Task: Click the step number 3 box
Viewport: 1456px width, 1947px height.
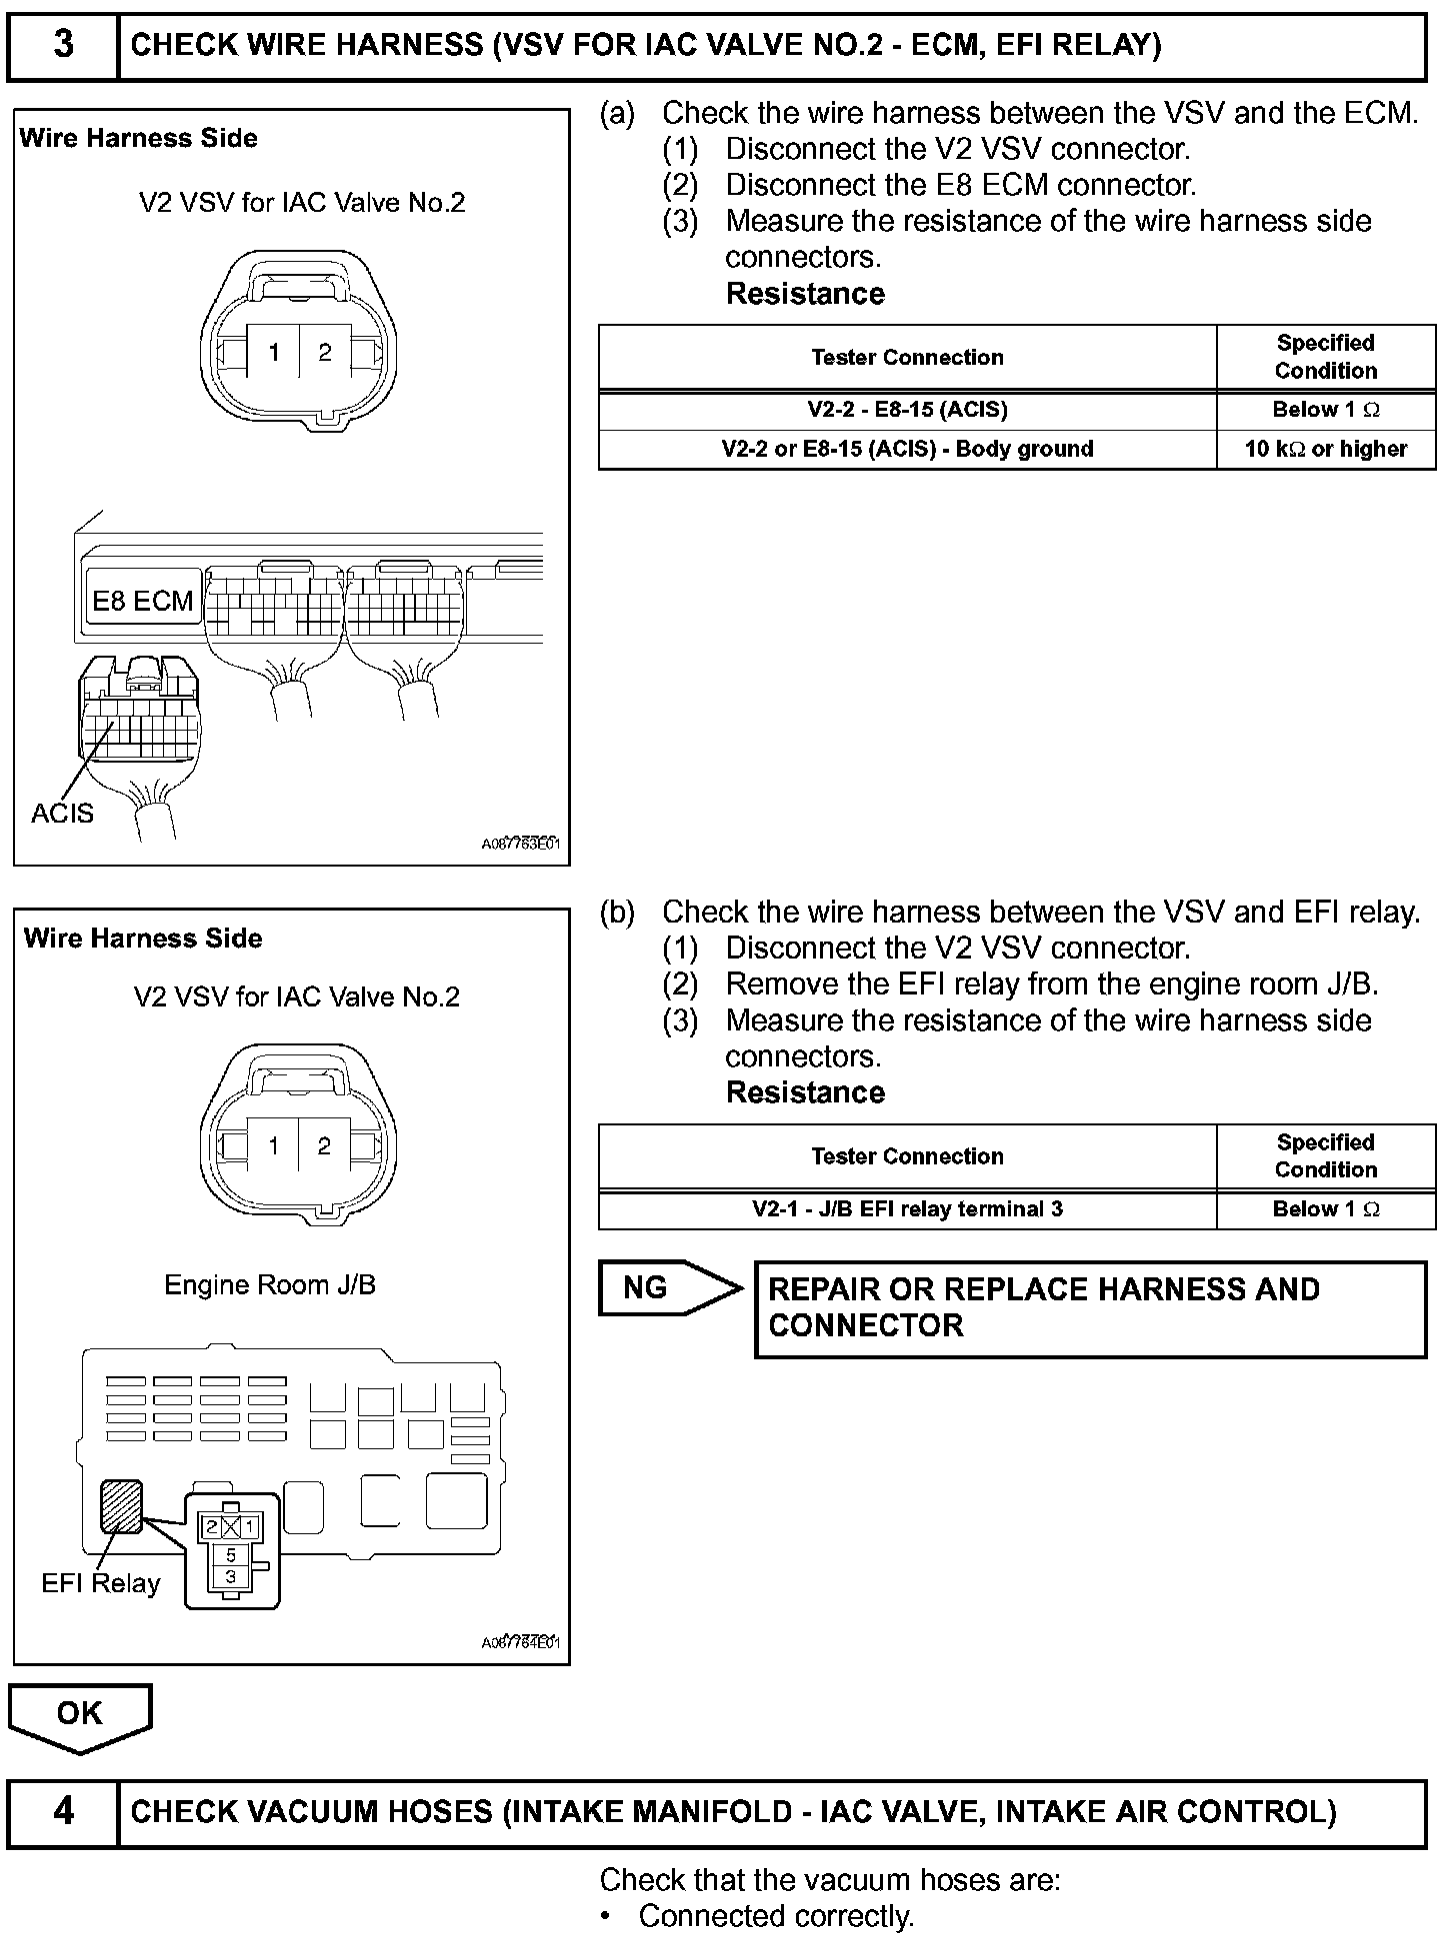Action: tap(62, 45)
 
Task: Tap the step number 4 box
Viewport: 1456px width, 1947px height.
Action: tap(62, 1811)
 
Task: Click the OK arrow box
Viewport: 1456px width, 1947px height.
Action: tap(80, 1715)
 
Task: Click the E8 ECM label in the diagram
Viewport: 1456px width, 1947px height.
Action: tap(142, 601)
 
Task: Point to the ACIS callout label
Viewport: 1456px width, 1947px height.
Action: tap(62, 814)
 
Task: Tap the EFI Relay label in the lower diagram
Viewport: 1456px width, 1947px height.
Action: tap(100, 1583)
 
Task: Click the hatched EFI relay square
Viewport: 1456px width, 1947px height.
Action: tap(121, 1506)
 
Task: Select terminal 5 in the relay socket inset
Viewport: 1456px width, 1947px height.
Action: tap(231, 1555)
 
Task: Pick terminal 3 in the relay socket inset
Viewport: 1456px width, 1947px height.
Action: tap(231, 1577)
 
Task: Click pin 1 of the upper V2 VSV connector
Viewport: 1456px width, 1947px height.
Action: tap(274, 352)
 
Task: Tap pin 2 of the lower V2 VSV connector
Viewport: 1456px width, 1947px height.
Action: tap(324, 1146)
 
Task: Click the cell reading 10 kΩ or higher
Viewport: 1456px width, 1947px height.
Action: tap(1325, 450)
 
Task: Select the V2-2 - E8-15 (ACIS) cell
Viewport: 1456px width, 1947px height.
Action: tap(907, 410)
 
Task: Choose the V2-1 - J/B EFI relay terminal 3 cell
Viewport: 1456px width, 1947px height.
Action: tap(907, 1209)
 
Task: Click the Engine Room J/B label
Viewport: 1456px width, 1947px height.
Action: tap(270, 1284)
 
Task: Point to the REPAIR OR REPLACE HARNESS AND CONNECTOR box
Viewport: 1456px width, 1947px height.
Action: tap(1089, 1308)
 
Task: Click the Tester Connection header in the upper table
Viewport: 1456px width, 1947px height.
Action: tap(907, 357)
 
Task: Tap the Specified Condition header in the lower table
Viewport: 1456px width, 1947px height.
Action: tap(1325, 1156)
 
